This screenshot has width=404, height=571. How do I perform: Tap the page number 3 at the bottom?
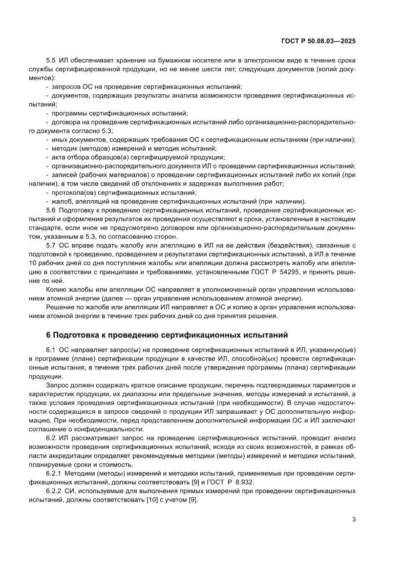coord(353,519)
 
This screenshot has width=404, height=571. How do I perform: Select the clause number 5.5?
coord(51,60)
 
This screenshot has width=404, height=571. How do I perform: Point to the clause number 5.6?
coord(51,210)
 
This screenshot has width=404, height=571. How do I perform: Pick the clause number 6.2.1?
coord(53,474)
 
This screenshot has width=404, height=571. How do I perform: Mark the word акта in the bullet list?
coord(60,157)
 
